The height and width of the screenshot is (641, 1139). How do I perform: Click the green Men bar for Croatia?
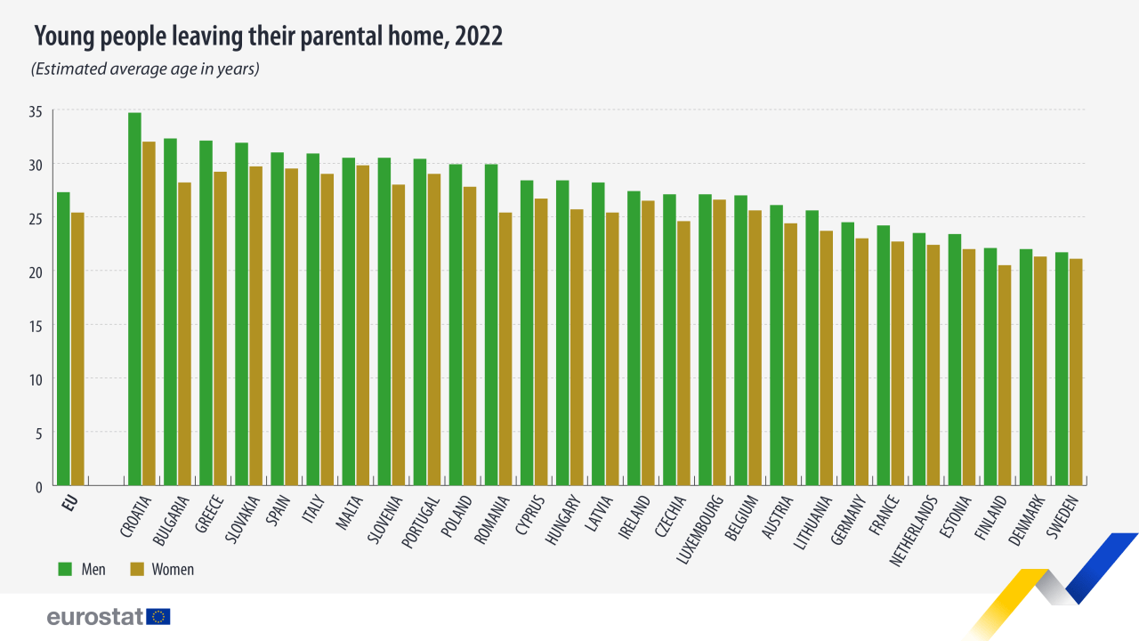coord(134,299)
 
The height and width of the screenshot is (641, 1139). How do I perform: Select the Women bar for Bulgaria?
coord(184,334)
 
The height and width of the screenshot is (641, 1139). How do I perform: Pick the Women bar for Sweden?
coord(1076,372)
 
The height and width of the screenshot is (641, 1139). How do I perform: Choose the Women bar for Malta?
coord(362,326)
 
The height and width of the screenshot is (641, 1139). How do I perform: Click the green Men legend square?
coord(65,569)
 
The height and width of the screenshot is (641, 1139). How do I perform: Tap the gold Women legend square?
coord(137,569)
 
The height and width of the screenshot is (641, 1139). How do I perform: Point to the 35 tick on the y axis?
coord(35,111)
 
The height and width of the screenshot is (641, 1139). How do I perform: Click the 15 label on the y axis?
coord(35,326)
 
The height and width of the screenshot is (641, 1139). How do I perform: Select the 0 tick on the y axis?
coord(38,487)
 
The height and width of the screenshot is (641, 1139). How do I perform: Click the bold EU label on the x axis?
coord(70,503)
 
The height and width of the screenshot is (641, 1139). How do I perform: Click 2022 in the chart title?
coord(479,37)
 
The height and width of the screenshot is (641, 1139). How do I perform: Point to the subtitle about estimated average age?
coord(145,69)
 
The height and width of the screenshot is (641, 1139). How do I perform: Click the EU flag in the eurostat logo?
coord(159,616)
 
